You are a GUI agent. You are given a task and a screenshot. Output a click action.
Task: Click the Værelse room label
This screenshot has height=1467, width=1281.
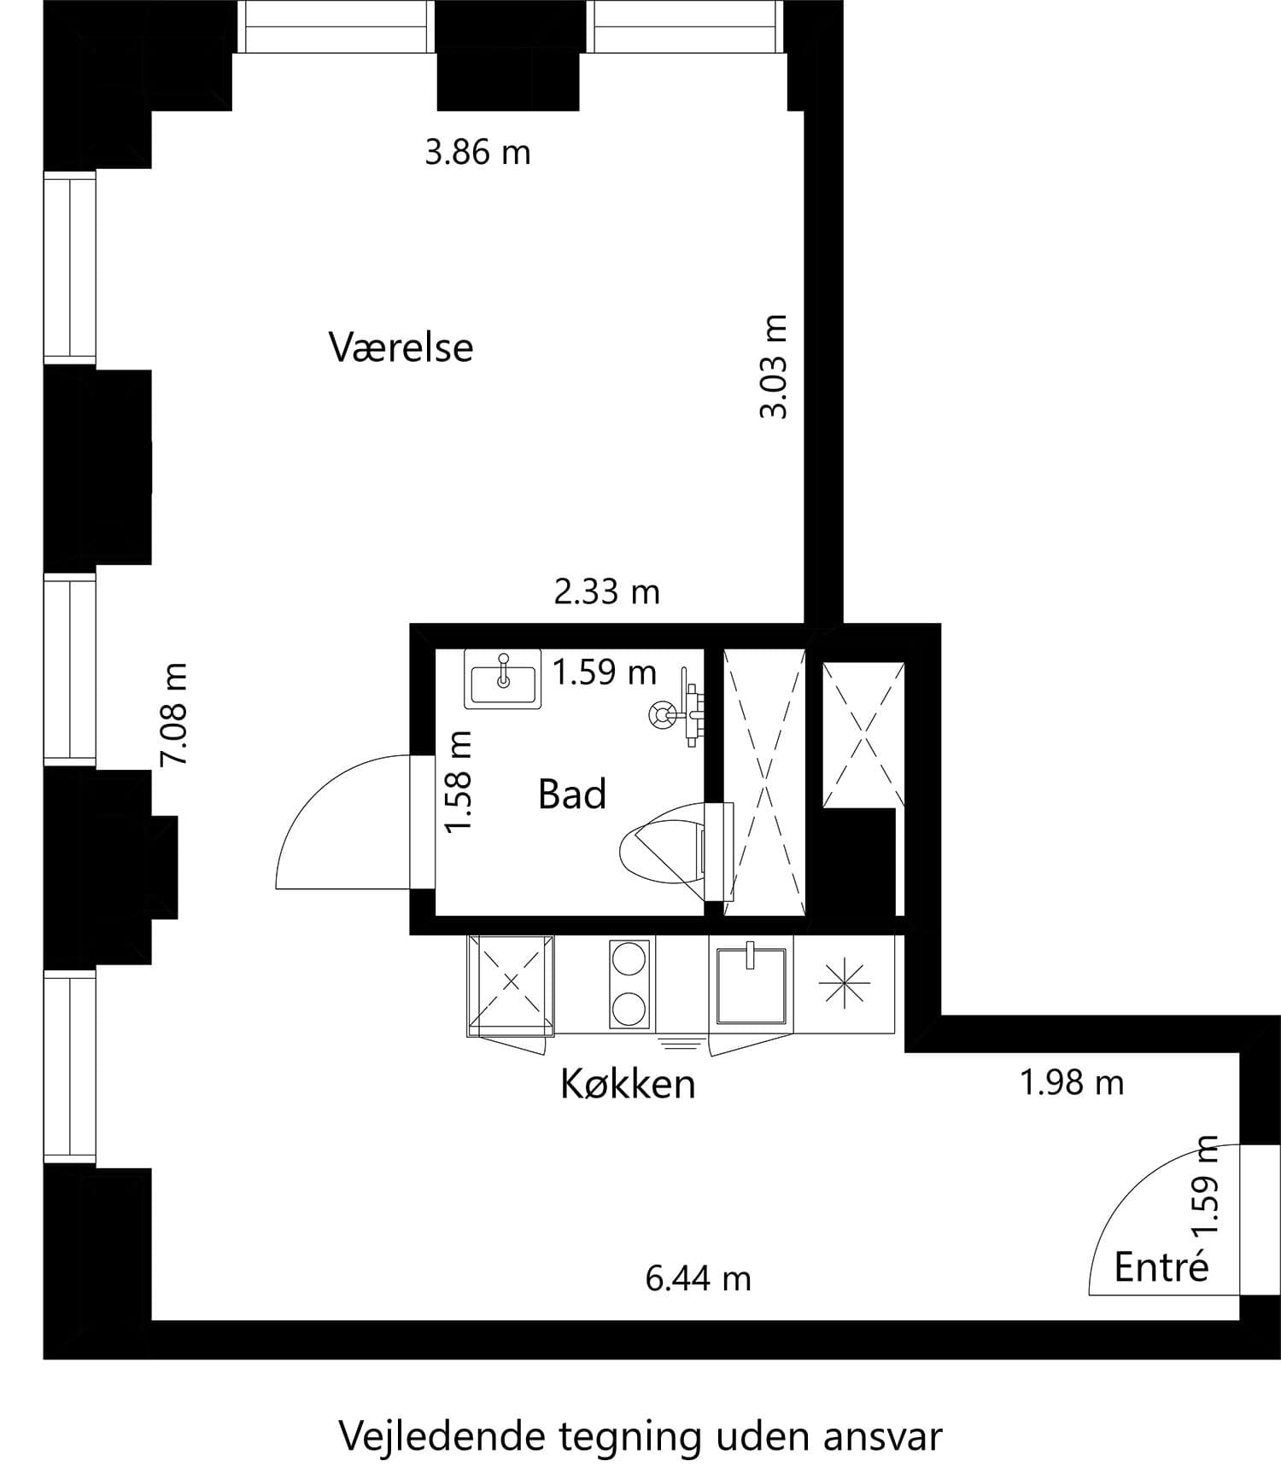(x=401, y=347)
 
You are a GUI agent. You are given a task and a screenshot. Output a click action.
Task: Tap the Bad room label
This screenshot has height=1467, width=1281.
(x=571, y=794)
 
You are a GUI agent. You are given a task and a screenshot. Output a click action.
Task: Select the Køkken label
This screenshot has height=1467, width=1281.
(x=628, y=1084)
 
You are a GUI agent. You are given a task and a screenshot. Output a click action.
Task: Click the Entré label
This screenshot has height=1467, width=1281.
(x=1161, y=1267)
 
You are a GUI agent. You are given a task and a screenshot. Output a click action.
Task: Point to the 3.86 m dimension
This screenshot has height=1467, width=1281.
(x=477, y=153)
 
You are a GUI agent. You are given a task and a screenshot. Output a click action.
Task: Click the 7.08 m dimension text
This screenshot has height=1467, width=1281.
(x=175, y=714)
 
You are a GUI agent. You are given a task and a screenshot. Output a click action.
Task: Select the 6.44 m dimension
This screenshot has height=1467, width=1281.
(x=698, y=1278)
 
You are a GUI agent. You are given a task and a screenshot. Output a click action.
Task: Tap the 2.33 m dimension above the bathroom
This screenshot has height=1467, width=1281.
(x=606, y=591)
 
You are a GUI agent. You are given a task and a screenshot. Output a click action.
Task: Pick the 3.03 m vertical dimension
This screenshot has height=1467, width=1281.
(x=774, y=367)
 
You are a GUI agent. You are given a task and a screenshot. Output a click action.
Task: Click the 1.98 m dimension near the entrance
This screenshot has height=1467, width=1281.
(x=1072, y=1083)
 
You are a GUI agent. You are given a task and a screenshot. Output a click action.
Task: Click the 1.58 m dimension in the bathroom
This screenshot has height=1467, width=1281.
(x=459, y=782)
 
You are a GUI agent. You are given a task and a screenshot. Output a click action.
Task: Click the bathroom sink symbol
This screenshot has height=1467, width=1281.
(x=503, y=678)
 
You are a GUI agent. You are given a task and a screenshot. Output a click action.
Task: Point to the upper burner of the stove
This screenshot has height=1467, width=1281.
(x=629, y=958)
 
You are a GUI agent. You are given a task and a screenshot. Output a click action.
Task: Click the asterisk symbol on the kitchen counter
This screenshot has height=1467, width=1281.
(x=844, y=983)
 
